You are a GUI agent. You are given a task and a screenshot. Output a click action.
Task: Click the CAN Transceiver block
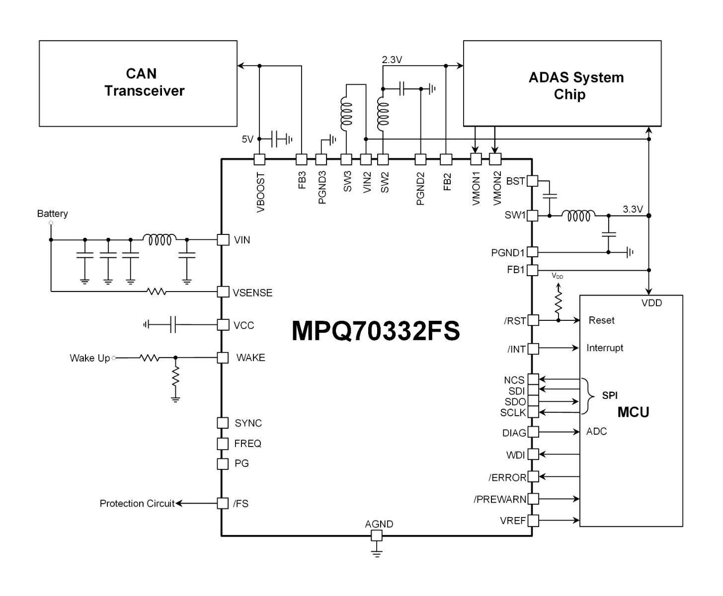click(x=138, y=83)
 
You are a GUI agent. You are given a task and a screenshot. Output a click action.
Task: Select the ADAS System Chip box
click(x=562, y=83)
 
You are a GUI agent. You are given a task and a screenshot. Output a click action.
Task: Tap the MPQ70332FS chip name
click(x=375, y=331)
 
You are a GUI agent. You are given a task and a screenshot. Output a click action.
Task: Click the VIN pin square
click(x=223, y=239)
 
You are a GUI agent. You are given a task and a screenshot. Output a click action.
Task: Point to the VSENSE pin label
click(x=252, y=293)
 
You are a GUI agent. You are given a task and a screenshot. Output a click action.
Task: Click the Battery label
click(x=52, y=214)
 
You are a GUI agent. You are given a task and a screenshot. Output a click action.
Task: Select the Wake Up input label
click(x=89, y=358)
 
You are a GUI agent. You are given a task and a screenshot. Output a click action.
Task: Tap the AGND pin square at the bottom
click(x=377, y=535)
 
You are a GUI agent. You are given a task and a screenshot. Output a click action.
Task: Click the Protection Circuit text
click(x=137, y=504)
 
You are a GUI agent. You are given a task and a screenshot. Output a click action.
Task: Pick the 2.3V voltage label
click(x=392, y=60)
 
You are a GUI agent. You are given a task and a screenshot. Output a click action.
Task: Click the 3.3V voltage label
click(x=633, y=209)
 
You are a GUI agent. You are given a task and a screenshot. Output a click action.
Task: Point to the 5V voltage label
click(x=247, y=140)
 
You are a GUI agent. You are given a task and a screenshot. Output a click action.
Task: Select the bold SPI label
click(x=610, y=396)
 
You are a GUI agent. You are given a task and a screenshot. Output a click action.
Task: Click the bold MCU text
click(x=633, y=412)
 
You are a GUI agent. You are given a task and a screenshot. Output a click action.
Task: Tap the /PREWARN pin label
click(x=499, y=499)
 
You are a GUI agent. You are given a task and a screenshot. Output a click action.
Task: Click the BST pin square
click(x=532, y=181)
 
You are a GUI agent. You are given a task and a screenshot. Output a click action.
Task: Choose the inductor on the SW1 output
click(x=578, y=216)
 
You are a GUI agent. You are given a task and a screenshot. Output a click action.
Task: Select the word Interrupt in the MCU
click(x=605, y=348)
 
